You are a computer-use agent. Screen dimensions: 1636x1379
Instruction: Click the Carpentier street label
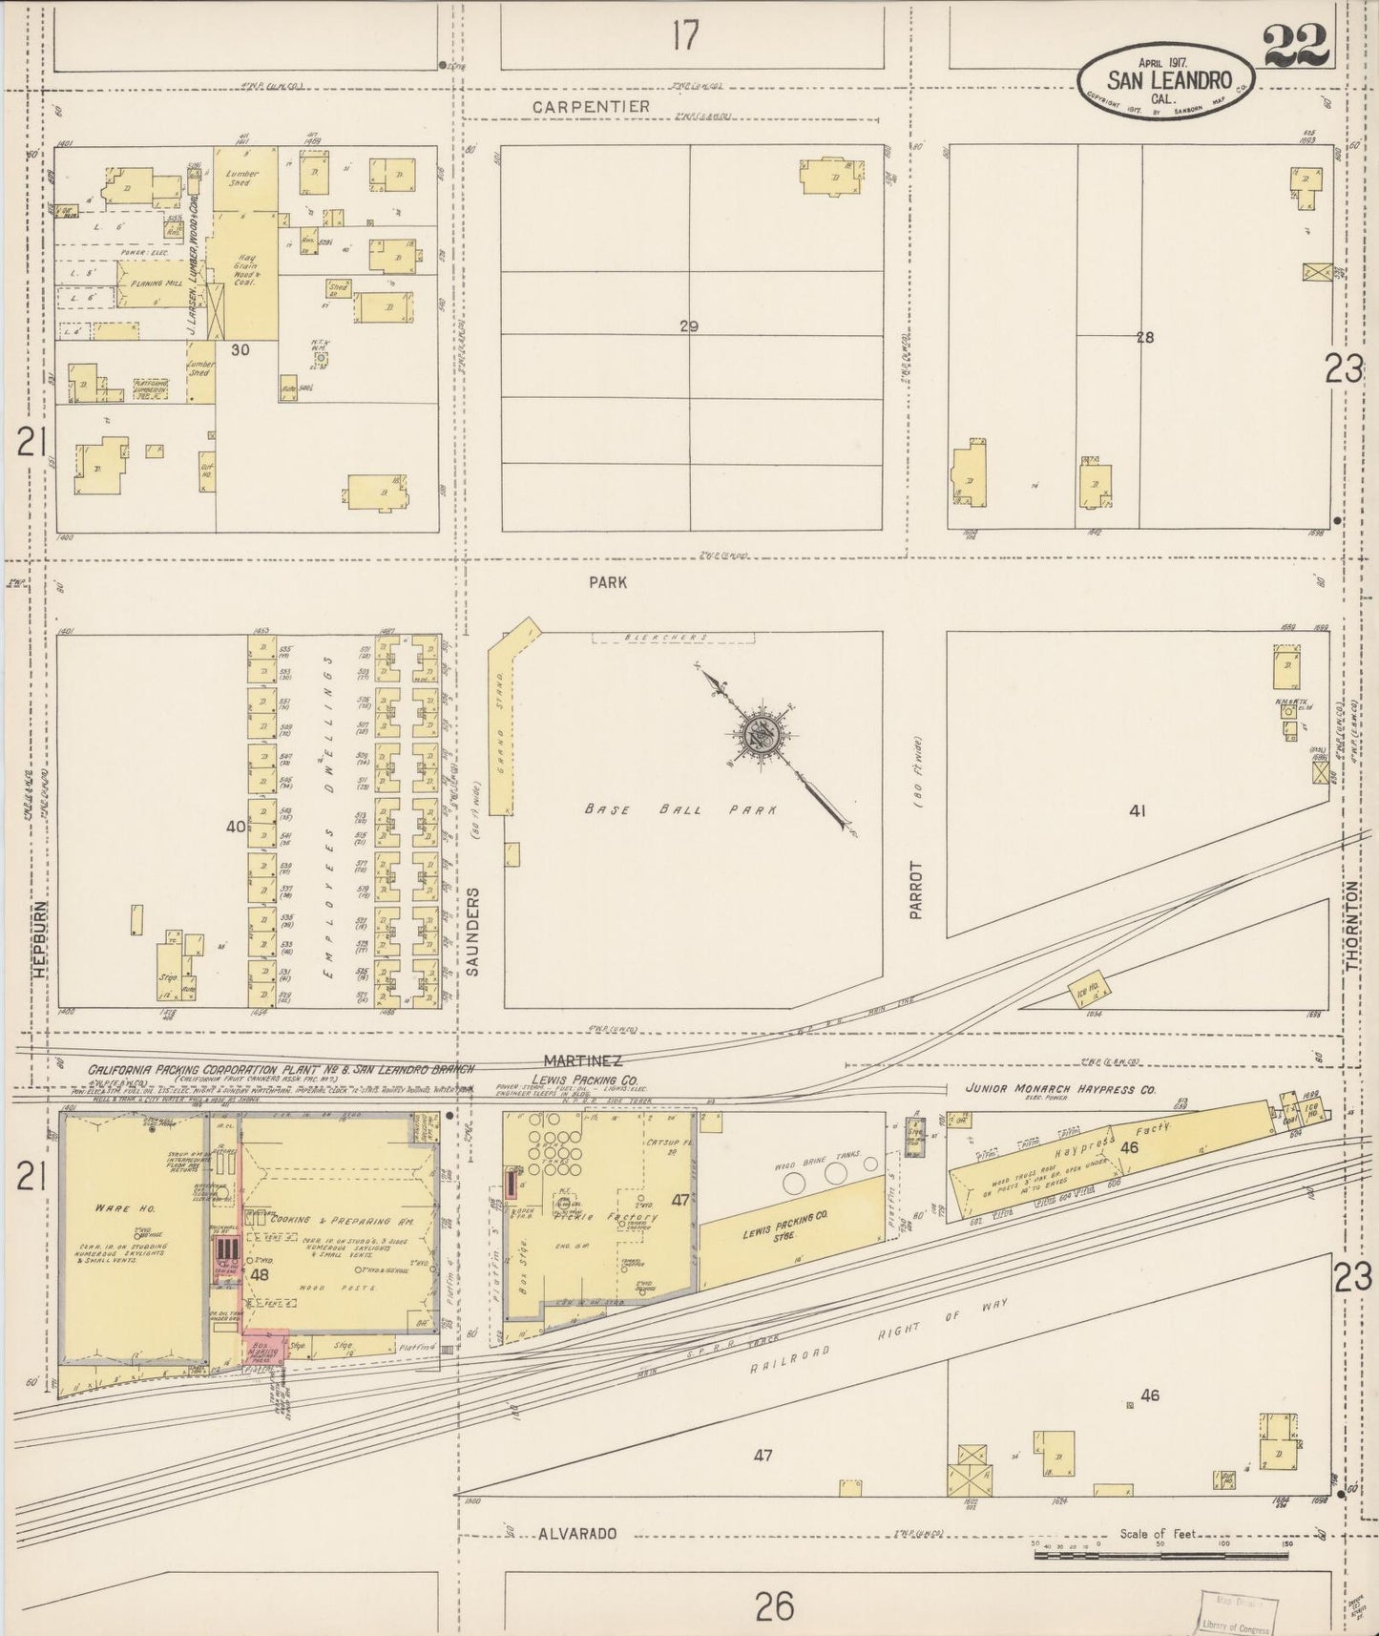[591, 107]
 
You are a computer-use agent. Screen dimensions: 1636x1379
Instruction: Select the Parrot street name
[917, 890]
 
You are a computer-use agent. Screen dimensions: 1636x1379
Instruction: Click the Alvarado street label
[577, 1534]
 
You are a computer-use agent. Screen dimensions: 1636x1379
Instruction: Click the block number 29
[689, 326]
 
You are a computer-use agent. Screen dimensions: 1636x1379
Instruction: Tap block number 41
[1137, 812]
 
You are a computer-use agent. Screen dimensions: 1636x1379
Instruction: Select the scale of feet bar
[1160, 1555]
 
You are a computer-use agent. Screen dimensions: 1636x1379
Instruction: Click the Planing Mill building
[153, 284]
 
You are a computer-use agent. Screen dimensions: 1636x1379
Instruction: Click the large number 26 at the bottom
[774, 1605]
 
